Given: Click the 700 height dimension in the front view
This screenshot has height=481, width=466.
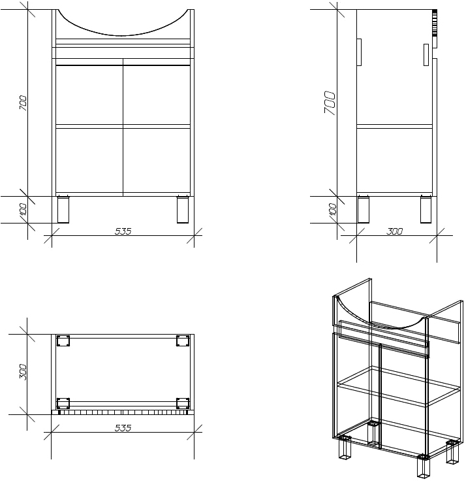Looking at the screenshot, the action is click(x=23, y=103).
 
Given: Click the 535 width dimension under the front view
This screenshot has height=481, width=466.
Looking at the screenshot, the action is click(x=123, y=231).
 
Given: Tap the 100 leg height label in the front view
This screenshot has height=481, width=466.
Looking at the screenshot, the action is click(x=23, y=209).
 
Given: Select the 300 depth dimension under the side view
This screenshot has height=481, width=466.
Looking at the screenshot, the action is click(x=394, y=231).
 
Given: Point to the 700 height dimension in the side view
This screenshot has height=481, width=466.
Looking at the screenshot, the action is click(x=330, y=102).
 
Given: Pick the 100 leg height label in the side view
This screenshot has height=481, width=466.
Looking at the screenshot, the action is click(x=333, y=209).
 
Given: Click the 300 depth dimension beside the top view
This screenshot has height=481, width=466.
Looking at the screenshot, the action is click(x=23, y=372).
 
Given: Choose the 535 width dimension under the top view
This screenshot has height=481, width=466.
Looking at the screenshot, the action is click(x=123, y=427).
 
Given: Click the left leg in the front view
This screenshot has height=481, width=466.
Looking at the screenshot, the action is click(x=63, y=210).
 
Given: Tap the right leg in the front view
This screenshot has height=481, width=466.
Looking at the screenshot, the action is click(x=183, y=210).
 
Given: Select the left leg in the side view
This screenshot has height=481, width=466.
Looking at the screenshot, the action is click(x=364, y=210).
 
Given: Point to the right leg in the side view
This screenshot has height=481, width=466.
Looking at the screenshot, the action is click(x=426, y=210).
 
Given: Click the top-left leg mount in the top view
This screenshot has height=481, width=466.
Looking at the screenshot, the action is click(x=63, y=340).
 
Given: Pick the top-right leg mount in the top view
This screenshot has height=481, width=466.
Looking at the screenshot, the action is click(x=183, y=340).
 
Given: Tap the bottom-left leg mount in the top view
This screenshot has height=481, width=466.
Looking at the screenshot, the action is click(x=63, y=403).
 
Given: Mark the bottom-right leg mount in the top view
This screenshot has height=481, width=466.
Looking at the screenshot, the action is click(x=183, y=403).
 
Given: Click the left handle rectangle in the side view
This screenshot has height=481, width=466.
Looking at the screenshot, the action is click(x=359, y=52).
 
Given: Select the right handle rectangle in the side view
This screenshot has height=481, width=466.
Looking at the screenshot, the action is click(x=426, y=55).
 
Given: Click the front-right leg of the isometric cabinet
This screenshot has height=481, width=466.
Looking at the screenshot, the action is click(x=424, y=465).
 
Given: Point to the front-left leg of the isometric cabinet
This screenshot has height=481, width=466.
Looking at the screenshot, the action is click(x=345, y=447).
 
